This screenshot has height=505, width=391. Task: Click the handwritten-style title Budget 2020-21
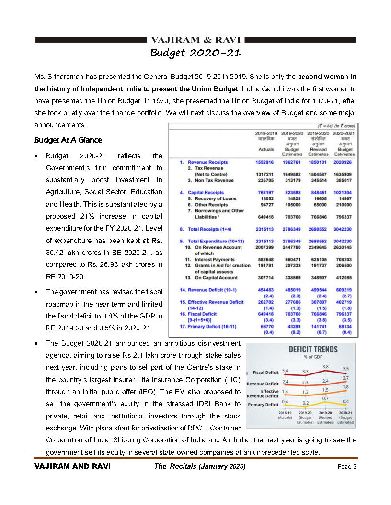point(195,52)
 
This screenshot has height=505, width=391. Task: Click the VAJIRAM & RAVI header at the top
point(195,40)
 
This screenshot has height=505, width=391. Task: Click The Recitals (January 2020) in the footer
point(199,466)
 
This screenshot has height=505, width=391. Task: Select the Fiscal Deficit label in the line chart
point(265,373)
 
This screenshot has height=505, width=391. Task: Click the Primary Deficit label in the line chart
point(263,405)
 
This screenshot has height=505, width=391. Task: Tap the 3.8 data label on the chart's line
point(325,366)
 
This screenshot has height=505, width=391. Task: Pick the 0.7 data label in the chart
point(325,398)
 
